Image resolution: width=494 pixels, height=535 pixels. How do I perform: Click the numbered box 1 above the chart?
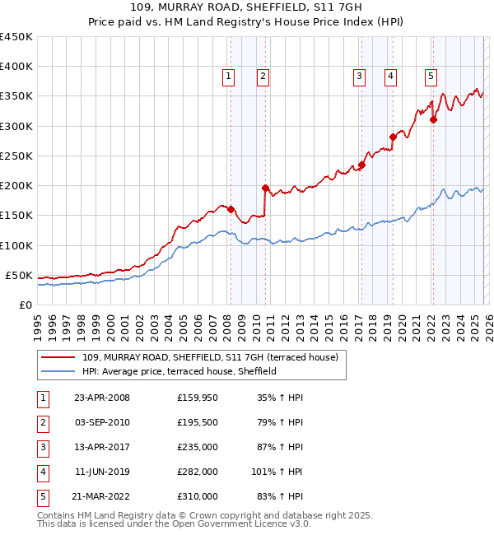tap(228, 77)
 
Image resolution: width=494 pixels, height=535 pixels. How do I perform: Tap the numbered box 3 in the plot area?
tap(360, 77)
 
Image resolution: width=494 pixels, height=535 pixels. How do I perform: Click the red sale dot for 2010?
tap(265, 188)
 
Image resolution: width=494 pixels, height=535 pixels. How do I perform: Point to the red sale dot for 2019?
tap(393, 137)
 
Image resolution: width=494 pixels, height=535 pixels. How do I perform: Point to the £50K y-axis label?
tap(19, 275)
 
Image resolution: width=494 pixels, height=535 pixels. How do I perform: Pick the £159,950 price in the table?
tap(198, 398)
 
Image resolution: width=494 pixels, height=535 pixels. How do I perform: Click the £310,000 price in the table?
tap(198, 496)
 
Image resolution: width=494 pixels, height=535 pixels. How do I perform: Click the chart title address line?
tap(246, 8)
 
